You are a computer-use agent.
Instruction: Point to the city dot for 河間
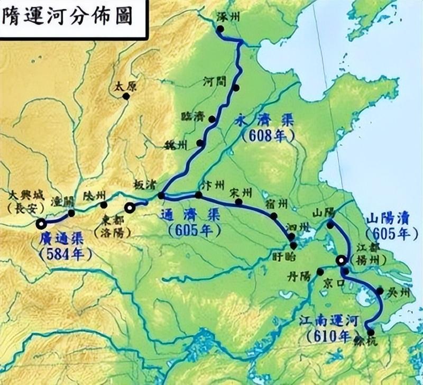tap(236, 88)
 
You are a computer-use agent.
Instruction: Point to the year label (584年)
tap(61, 253)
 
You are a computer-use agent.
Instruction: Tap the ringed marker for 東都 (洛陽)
tap(129, 207)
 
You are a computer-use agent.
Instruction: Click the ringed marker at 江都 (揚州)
tap(342, 260)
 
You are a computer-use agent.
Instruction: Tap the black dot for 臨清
tap(212, 120)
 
